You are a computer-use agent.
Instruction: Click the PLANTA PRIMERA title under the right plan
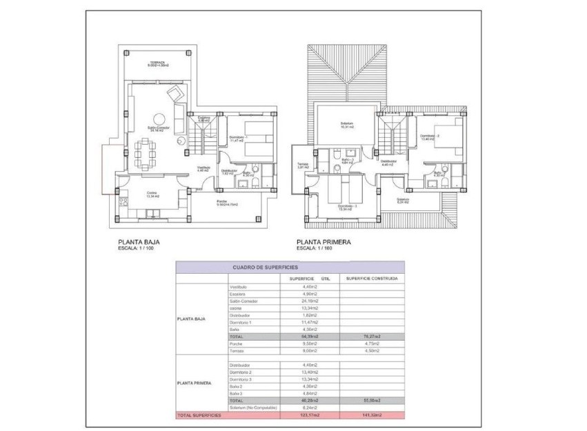[324, 243]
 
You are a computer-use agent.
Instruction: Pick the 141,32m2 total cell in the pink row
[372, 416]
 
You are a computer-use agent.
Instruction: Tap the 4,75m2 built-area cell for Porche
[372, 343]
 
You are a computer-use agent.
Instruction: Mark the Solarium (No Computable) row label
[252, 408]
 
